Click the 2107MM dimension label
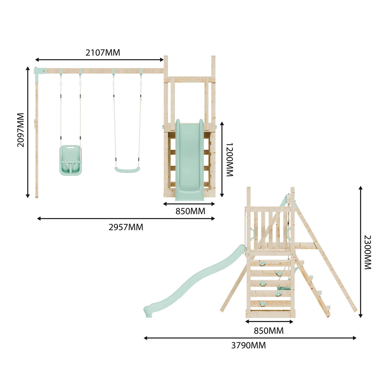tap(103, 52)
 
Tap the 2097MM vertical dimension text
tap(20, 130)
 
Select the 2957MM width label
tap(126, 227)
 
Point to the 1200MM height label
tap(230, 160)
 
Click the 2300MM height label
tap(367, 252)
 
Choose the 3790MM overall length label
tap(249, 345)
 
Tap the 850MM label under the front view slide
tap(190, 211)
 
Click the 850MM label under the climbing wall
tap(269, 330)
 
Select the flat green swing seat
tap(127, 170)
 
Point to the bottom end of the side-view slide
tap(148, 310)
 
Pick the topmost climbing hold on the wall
tap(263, 264)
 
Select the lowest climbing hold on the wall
tap(264, 303)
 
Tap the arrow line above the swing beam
tap(99, 60)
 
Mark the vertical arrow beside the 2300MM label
tap(360, 252)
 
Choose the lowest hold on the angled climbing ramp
tap(328, 307)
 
